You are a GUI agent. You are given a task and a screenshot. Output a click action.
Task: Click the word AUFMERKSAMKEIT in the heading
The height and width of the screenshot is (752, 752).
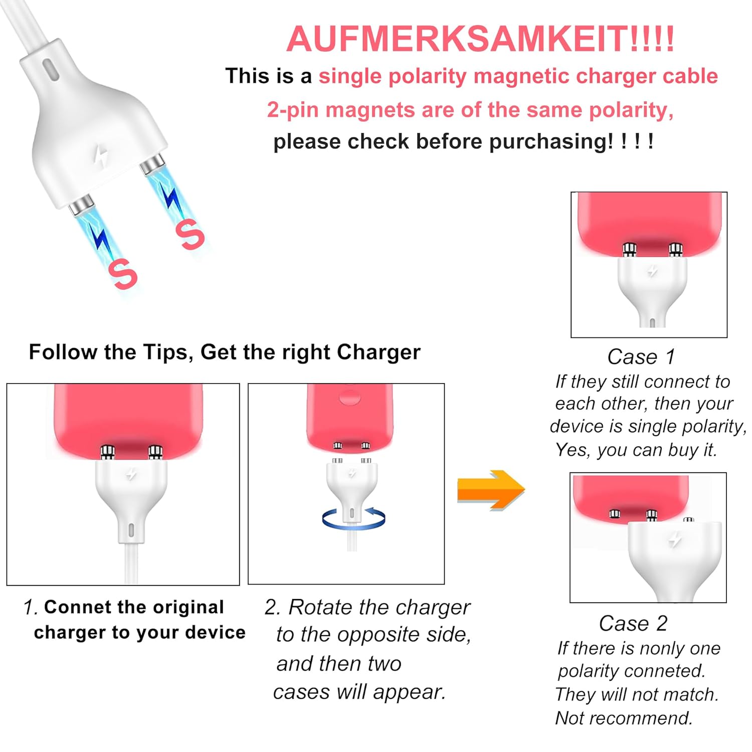[457, 39]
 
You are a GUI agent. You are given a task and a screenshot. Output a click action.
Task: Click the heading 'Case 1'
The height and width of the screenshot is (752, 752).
[641, 357]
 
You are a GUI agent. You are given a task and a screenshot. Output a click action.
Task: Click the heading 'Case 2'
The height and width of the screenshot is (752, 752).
[633, 624]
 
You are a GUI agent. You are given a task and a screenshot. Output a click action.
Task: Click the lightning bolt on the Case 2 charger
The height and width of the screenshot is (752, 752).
[675, 539]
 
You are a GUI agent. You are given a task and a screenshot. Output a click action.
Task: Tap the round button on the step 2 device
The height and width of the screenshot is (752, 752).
[350, 397]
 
